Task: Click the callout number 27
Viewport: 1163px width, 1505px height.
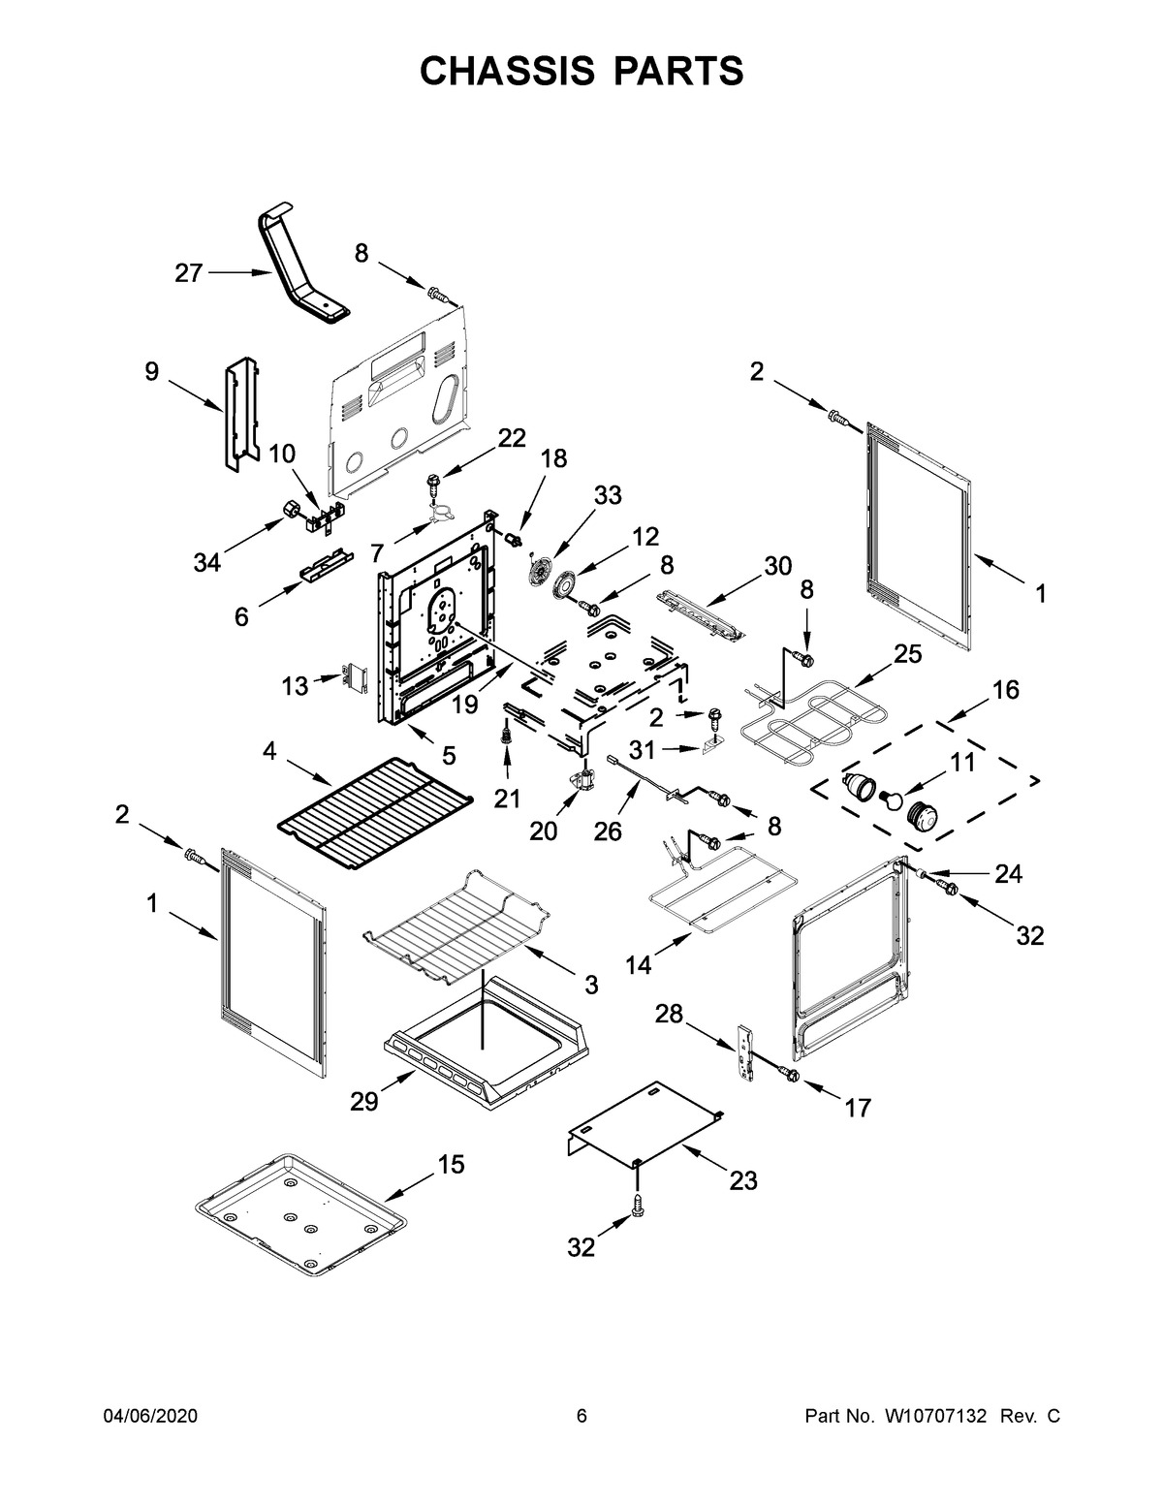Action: tap(188, 273)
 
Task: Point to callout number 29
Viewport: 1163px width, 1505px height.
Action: tap(364, 1102)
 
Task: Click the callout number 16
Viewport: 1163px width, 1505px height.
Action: tap(1005, 690)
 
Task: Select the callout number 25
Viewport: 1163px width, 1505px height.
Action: tap(907, 653)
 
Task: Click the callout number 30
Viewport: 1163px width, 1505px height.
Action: tap(778, 566)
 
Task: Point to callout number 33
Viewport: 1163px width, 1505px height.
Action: tap(608, 495)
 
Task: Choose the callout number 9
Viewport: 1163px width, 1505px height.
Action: tap(151, 371)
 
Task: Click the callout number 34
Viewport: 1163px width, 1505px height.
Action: tap(206, 562)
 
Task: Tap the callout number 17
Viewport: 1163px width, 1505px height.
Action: tap(858, 1108)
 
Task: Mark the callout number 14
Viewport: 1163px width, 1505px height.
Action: tap(638, 965)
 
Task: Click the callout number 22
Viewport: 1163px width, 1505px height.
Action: tap(512, 438)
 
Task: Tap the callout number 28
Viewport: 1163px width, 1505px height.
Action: tap(670, 1014)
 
